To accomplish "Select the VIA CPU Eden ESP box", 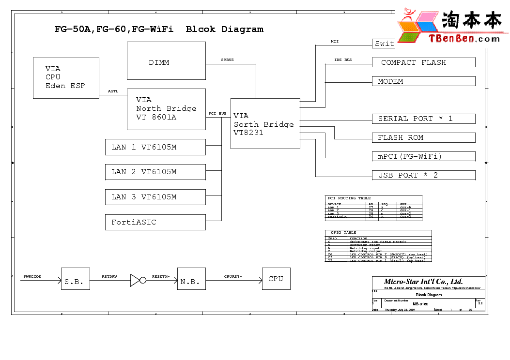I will (x=66, y=78).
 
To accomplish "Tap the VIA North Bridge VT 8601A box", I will (x=166, y=109).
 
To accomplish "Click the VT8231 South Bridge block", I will (x=265, y=124).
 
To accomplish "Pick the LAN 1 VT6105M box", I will (x=155, y=147).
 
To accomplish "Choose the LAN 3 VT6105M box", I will (x=155, y=197).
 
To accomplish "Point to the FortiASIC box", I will (x=155, y=222).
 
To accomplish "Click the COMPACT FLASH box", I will (x=423, y=62).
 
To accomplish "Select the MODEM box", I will (x=423, y=81).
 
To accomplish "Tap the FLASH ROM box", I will (x=423, y=137).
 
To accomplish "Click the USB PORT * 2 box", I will (x=423, y=175).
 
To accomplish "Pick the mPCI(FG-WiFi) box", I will (x=423, y=156).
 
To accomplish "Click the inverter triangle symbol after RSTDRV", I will (x=135, y=280).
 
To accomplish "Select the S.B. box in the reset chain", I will (x=75, y=279).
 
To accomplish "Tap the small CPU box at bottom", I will (x=276, y=279).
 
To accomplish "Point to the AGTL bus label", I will (x=113, y=91).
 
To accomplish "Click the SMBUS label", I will (x=227, y=60).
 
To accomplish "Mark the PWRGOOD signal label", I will (x=32, y=276).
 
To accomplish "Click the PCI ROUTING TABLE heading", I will (x=349, y=198).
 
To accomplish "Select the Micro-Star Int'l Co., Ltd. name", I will (x=423, y=282).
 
